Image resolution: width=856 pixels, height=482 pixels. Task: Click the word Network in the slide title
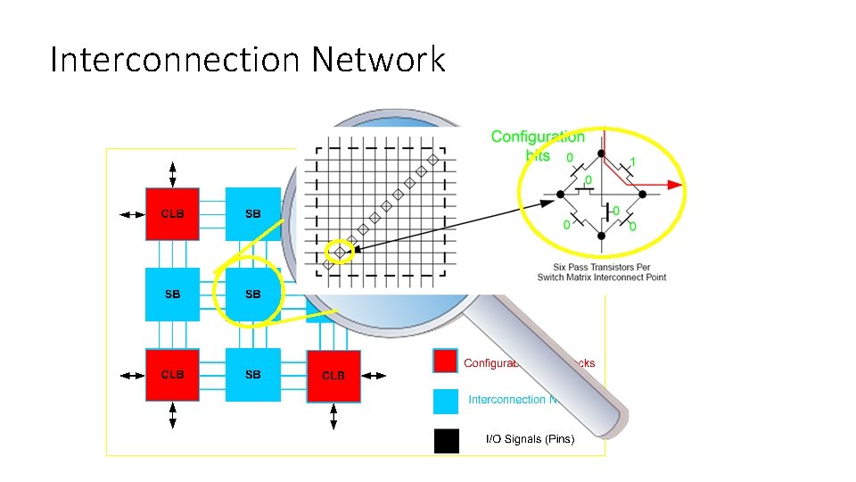(x=378, y=61)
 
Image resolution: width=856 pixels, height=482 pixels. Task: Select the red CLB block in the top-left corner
(x=172, y=214)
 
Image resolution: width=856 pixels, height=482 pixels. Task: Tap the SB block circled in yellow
(x=252, y=295)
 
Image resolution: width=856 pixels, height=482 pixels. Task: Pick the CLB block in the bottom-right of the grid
(x=333, y=376)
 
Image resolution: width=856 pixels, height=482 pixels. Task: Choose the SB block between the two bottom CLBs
(x=252, y=375)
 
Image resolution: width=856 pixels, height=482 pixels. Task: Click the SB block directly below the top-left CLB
(x=172, y=295)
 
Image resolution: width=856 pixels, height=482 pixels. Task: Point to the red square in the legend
(x=446, y=361)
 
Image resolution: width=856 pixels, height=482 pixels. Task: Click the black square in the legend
(x=446, y=441)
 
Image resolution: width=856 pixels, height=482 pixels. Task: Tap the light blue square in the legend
(x=446, y=401)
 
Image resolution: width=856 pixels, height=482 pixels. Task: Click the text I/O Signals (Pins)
(x=530, y=439)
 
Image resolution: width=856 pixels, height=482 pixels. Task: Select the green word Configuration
(x=538, y=137)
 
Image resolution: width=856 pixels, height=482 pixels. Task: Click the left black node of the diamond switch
(x=560, y=194)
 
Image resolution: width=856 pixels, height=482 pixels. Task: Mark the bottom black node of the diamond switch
(x=602, y=236)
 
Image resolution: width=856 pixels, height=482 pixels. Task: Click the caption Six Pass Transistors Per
(x=601, y=266)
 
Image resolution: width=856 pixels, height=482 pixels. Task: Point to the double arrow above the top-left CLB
(x=172, y=173)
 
